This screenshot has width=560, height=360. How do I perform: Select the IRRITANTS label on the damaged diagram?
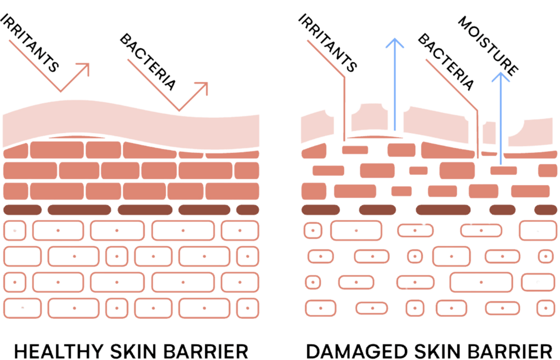[x=327, y=42]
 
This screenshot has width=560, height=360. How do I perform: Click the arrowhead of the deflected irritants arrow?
[x=84, y=68]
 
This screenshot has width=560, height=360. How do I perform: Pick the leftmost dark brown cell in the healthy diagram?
[x=23, y=210]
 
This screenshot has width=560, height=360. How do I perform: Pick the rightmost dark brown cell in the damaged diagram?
[x=546, y=210]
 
